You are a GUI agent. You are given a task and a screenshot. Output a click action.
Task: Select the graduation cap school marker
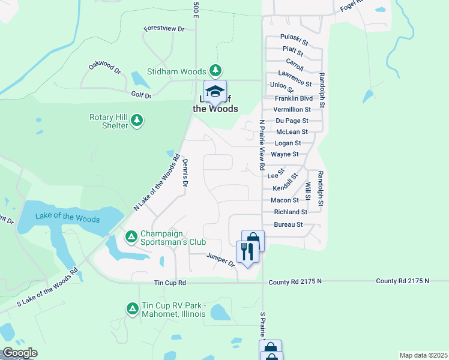coord(215,92)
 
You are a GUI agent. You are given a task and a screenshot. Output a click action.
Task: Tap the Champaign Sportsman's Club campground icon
coord(131,238)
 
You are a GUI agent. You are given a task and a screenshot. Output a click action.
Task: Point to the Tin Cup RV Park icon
coord(131,309)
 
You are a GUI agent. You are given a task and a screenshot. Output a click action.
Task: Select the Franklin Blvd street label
coord(294,98)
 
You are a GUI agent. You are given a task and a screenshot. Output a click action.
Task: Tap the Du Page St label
coord(292,121)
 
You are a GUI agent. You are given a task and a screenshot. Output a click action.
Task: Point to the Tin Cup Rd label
coord(170,282)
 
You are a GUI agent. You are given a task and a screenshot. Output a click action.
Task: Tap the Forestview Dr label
coord(163,29)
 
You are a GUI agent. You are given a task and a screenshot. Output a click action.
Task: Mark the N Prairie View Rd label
coord(262,146)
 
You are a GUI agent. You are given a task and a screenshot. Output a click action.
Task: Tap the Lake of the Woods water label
coord(63,217)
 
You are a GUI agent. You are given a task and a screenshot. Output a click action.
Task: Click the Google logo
coord(19,353)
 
